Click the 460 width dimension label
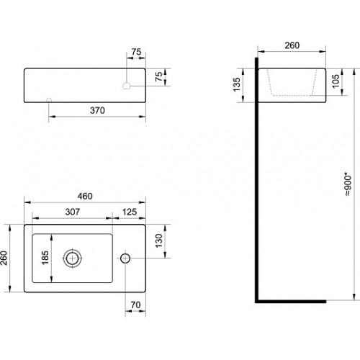pyautogui.click(x=85, y=196)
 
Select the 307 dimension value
pyautogui.click(x=73, y=212)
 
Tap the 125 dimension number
pyautogui.click(x=130, y=212)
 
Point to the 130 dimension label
pyautogui.click(x=159, y=240)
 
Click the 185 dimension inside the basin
pyautogui.click(x=45, y=258)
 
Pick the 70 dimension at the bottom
pyautogui.click(x=135, y=305)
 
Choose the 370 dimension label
pyautogui.click(x=97, y=110)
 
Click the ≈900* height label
pyautogui.click(x=348, y=184)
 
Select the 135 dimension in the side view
pyautogui.click(x=237, y=84)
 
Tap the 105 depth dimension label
pyautogui.click(x=336, y=81)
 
